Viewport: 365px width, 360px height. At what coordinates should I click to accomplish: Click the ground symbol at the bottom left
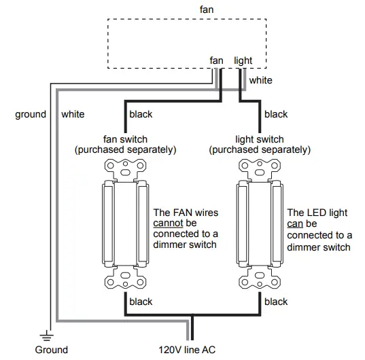[x=46, y=335]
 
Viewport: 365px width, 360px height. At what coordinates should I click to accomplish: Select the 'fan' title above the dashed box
[x=205, y=10]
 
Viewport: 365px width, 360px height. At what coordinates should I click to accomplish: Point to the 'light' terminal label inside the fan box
[x=243, y=60]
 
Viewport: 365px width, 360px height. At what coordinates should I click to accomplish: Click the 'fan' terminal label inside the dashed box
[x=217, y=60]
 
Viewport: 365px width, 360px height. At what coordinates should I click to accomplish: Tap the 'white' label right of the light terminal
[x=261, y=80]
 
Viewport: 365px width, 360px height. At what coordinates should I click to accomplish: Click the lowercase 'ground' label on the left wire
[x=31, y=114]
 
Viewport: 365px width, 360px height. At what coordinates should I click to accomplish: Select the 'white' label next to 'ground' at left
[x=73, y=114]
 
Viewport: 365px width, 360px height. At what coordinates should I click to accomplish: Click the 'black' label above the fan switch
[x=141, y=114]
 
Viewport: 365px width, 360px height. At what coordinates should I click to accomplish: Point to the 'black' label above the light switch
[x=276, y=114]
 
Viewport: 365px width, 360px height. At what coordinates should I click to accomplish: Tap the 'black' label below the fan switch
[x=141, y=302]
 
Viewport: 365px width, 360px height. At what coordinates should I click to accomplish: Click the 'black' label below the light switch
[x=276, y=302]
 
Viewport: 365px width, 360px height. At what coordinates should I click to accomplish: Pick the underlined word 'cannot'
[x=169, y=223]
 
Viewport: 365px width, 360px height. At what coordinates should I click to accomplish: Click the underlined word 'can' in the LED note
[x=296, y=223]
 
